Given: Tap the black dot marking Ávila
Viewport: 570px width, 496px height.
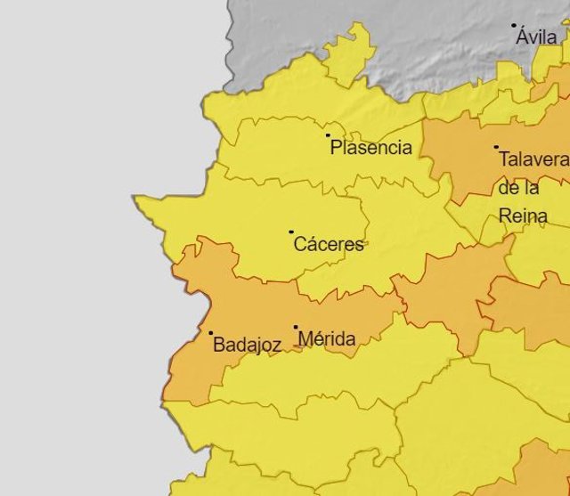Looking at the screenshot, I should pyautogui.click(x=514, y=26).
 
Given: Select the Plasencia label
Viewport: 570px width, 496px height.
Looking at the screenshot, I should pyautogui.click(x=370, y=148).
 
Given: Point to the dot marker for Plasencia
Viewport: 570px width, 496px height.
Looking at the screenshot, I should pyautogui.click(x=328, y=135).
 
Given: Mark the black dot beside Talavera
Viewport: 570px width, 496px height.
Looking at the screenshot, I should pyautogui.click(x=496, y=147).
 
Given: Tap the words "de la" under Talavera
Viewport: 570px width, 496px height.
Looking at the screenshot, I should pyautogui.click(x=518, y=188).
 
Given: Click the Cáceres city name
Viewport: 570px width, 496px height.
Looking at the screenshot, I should pyautogui.click(x=329, y=245).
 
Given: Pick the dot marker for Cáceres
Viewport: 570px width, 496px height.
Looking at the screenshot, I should pyautogui.click(x=291, y=232).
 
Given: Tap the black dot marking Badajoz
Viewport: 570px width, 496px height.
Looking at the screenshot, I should pyautogui.click(x=211, y=333).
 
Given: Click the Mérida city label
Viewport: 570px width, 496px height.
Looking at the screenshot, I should pyautogui.click(x=327, y=339).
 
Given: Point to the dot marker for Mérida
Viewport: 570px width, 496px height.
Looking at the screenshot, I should pyautogui.click(x=296, y=327).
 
